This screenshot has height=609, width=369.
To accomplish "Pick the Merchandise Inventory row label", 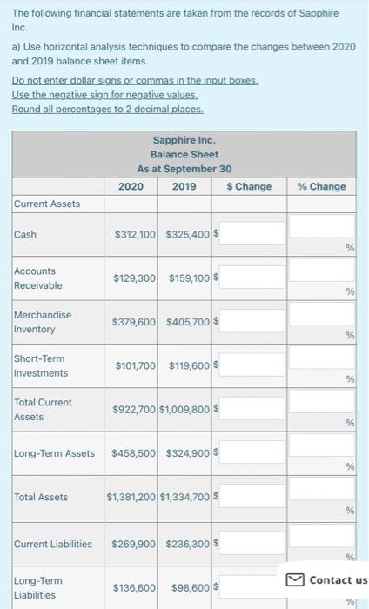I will point(43,322).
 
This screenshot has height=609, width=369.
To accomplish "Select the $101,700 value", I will point(136,365).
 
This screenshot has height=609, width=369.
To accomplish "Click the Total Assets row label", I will point(41,497).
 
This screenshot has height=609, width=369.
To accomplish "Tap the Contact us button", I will point(330,579).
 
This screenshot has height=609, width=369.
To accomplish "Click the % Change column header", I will point(321,186).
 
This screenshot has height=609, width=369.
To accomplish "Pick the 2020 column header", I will point(131,186).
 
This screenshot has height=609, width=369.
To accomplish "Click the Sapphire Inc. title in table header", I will point(184,140).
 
